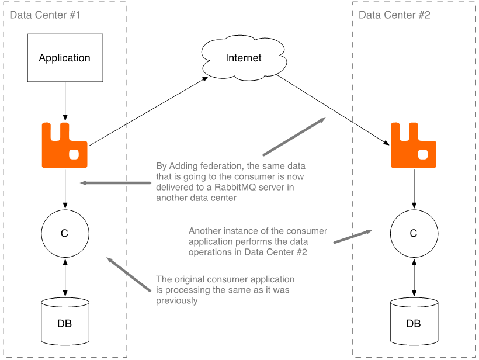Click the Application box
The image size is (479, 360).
[x=64, y=57]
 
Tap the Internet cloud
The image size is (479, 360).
[x=243, y=58]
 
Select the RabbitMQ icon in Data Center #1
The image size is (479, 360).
[x=64, y=146]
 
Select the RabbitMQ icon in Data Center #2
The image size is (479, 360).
[x=414, y=146]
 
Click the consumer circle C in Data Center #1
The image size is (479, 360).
[x=64, y=234]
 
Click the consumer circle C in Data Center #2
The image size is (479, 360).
[x=414, y=234]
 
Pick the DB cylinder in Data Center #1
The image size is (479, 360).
[x=64, y=322]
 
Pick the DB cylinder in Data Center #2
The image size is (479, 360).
[x=414, y=322]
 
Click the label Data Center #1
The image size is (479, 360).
[x=45, y=15]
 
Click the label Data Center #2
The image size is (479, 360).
[x=394, y=15]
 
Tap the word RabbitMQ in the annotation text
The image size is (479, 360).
[x=242, y=187]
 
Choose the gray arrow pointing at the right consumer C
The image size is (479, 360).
[x=352, y=237]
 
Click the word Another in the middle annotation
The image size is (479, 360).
[x=205, y=231]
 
